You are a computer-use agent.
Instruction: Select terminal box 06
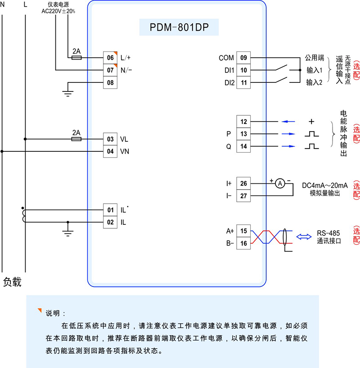click(x=110, y=58)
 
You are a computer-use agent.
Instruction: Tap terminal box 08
click(x=110, y=83)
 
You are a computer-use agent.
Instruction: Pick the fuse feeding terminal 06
click(x=76, y=58)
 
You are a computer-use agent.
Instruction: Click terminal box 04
click(x=110, y=151)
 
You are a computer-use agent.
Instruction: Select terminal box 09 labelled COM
click(x=243, y=58)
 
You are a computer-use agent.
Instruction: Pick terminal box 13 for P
click(x=243, y=134)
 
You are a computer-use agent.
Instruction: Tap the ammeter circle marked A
click(x=279, y=183)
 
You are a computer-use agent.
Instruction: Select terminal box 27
click(x=243, y=196)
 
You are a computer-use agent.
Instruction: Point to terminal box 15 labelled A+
click(x=243, y=231)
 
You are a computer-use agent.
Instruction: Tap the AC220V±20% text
click(x=58, y=12)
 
